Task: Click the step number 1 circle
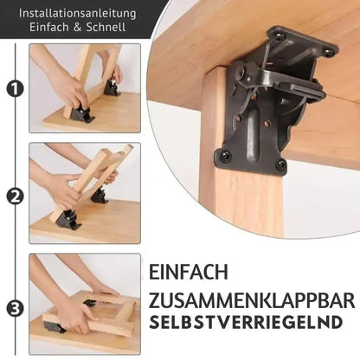point(15,87)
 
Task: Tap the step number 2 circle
point(15,196)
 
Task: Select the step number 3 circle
point(15,305)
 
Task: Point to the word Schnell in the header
point(106,28)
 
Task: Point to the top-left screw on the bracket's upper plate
point(278,35)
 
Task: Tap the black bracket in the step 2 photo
point(100,195)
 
